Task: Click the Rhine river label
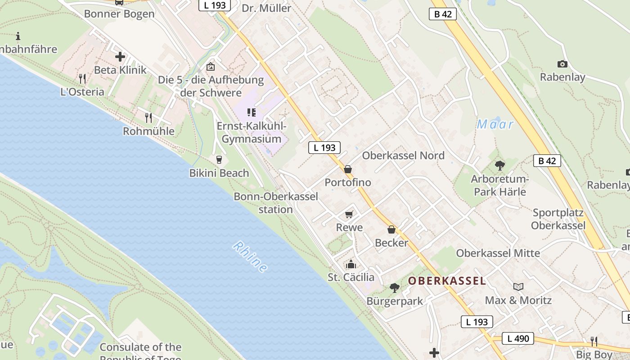click(x=250, y=257)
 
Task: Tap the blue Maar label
click(x=495, y=124)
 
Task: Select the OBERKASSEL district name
click(x=447, y=281)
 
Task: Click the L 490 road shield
click(x=518, y=338)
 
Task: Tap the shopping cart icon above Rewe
click(x=349, y=214)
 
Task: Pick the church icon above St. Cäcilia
click(x=351, y=264)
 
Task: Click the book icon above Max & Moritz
click(x=518, y=287)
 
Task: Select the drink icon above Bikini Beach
click(x=219, y=160)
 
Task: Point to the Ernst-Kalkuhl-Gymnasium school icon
click(x=252, y=112)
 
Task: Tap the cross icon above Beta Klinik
click(x=120, y=57)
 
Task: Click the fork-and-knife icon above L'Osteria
click(x=82, y=79)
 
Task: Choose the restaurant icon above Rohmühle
click(x=148, y=118)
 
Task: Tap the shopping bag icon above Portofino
click(x=348, y=169)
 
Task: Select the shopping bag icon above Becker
click(x=391, y=229)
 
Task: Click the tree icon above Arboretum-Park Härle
click(x=499, y=166)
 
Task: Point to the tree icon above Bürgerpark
click(x=395, y=288)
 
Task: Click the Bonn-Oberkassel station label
click(x=276, y=203)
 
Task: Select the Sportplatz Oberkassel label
click(x=558, y=219)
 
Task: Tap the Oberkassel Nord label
click(x=403, y=156)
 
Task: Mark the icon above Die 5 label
click(x=210, y=67)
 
